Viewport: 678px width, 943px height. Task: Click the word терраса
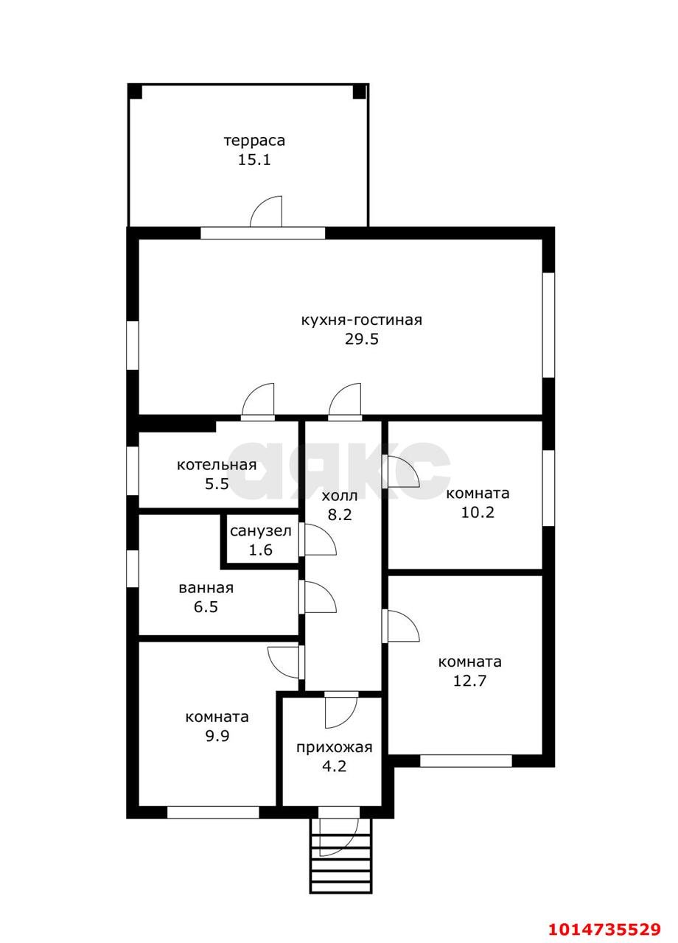point(254,141)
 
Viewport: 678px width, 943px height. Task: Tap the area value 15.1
point(254,160)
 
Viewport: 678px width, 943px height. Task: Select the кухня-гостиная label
point(361,320)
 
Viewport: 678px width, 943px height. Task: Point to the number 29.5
point(361,339)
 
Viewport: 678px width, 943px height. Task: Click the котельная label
point(217,465)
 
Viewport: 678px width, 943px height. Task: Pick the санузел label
point(261,531)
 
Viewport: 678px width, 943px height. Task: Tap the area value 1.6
point(261,550)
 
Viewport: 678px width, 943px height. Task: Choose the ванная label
point(206,588)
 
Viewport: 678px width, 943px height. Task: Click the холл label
point(340,496)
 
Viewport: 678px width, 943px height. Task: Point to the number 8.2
point(340,514)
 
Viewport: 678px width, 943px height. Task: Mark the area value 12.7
point(469,681)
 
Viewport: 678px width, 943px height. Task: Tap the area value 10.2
point(478,512)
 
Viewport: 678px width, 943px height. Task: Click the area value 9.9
point(217,736)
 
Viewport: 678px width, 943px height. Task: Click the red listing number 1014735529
point(604,926)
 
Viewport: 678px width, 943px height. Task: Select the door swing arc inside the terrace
point(266,211)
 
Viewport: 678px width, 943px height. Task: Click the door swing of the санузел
point(320,540)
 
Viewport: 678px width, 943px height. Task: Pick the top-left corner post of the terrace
point(135,91)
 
